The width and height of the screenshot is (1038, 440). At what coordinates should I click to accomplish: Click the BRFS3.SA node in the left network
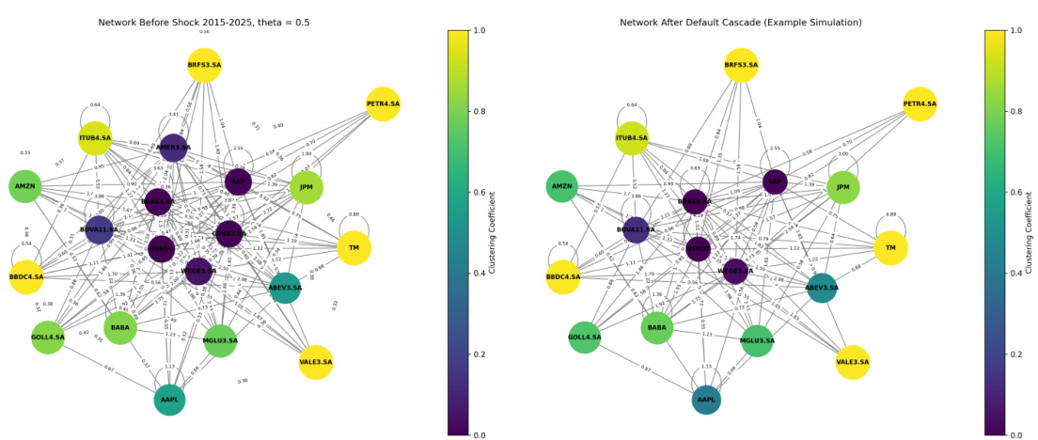[x=204, y=65]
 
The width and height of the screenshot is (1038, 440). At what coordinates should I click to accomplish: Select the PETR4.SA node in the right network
[x=920, y=103]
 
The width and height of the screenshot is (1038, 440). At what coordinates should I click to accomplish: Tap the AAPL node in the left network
[x=169, y=400]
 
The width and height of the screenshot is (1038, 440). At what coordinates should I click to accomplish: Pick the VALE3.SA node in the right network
[x=852, y=362]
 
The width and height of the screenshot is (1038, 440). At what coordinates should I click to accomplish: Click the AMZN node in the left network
[x=24, y=186]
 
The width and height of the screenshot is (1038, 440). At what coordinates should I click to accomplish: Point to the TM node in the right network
[x=890, y=248]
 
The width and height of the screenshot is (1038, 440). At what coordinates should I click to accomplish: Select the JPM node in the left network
[x=306, y=187]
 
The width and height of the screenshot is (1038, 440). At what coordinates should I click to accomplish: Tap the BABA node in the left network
[x=120, y=327]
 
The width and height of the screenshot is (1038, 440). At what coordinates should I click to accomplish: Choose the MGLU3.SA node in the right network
[x=756, y=340]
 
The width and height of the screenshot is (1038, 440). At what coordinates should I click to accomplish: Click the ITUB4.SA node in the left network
[x=95, y=138]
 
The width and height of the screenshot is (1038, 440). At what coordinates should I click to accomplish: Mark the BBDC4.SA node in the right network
[x=562, y=277]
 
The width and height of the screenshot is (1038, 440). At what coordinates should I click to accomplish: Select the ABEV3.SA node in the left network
[x=285, y=287]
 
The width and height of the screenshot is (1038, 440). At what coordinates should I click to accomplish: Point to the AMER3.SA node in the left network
[x=173, y=147]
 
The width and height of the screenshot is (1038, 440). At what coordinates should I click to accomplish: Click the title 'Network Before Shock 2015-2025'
[x=204, y=22]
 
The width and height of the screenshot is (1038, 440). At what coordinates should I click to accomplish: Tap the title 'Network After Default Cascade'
[x=741, y=22]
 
